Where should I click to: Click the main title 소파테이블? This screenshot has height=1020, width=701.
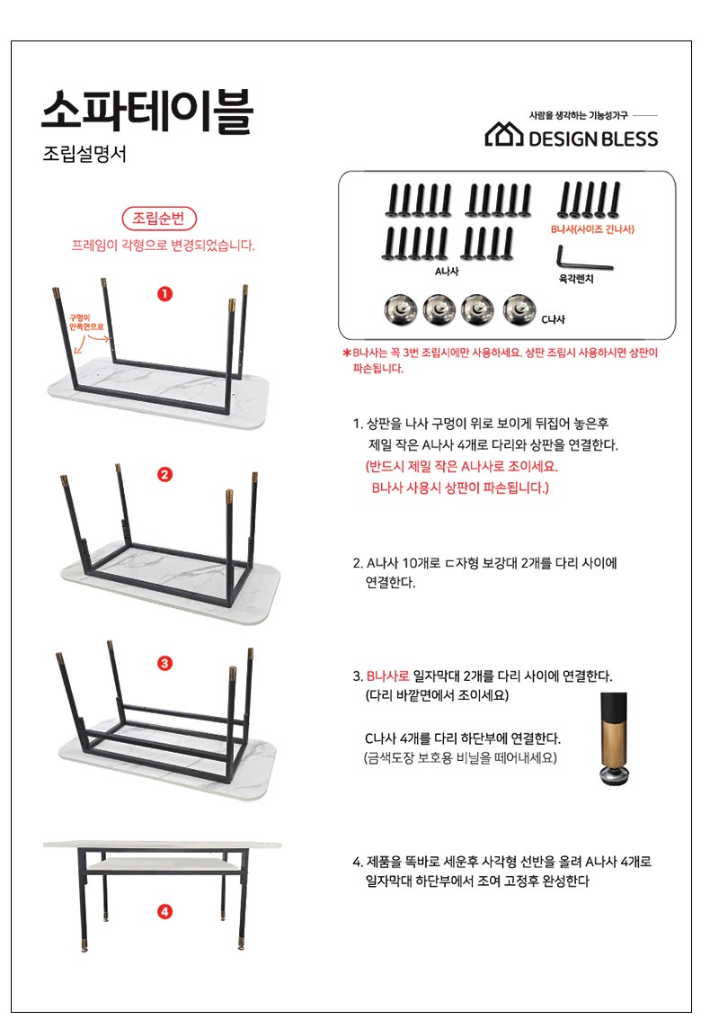(146, 112)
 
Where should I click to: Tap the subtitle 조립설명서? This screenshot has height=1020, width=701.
(84, 154)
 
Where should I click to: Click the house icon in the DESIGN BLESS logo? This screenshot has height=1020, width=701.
(503, 135)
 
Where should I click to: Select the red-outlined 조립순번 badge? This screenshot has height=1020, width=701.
(159, 218)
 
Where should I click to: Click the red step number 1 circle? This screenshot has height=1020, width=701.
(165, 293)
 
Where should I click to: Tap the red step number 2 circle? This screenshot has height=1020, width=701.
(165, 474)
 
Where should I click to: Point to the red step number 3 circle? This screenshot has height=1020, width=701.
(165, 663)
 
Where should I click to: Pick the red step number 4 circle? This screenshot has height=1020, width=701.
(165, 911)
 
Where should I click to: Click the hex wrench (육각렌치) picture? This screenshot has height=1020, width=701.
(582, 261)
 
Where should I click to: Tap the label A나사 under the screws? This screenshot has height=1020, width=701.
(447, 272)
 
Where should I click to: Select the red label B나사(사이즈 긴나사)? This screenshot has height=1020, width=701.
(592, 229)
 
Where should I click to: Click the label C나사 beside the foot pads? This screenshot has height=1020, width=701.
(553, 319)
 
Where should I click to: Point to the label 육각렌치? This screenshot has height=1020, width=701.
(576, 279)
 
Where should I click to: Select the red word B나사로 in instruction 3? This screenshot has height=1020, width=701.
(388, 676)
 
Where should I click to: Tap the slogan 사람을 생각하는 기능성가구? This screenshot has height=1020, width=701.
(578, 115)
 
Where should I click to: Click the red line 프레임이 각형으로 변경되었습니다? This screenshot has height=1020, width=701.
(163, 246)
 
